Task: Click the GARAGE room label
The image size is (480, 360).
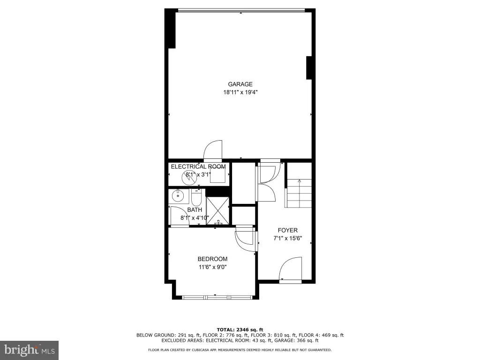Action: pos(240,84)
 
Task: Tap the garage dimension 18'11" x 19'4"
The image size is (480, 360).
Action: pos(240,92)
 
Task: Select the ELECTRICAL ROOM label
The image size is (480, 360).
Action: pos(198,166)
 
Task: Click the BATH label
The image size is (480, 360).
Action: pos(195,210)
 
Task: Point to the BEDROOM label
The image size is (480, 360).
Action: pos(212,259)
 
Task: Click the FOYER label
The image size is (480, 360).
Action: pos(288,230)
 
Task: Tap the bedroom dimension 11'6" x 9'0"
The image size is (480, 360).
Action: pos(212,267)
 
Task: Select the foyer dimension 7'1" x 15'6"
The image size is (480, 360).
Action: pos(288,238)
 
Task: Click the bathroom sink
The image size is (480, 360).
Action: pos(178,196)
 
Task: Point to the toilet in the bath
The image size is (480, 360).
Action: pos(196,198)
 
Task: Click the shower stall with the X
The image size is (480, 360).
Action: pos(217,210)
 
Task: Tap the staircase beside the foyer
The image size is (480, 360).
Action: pos(299,193)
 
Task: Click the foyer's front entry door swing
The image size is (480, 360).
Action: pos(290,268)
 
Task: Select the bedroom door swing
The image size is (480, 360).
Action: pos(245,238)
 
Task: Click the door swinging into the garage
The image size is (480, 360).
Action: pos(213,150)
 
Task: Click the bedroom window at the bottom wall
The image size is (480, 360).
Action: pos(217,297)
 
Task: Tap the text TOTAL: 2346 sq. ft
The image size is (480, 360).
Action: pos(240,330)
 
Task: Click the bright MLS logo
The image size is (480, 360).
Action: pos(29,350)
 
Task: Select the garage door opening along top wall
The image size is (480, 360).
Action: pos(241,10)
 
